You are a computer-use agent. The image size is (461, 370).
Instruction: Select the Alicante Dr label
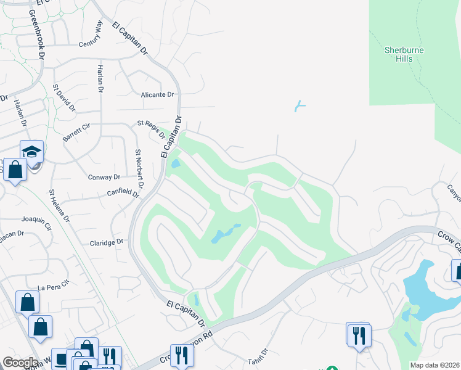[x=158, y=94]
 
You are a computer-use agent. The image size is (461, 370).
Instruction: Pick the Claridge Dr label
[x=107, y=242]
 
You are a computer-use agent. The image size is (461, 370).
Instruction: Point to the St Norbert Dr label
[x=139, y=168]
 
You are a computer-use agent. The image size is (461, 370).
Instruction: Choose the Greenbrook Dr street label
[x=37, y=33]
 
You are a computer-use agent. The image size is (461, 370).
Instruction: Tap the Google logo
[x=20, y=363]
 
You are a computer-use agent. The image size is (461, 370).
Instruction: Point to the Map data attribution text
[x=435, y=365]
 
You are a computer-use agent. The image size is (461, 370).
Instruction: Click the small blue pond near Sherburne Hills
[x=300, y=106]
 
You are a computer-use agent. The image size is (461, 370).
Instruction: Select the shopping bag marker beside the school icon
[x=15, y=169]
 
